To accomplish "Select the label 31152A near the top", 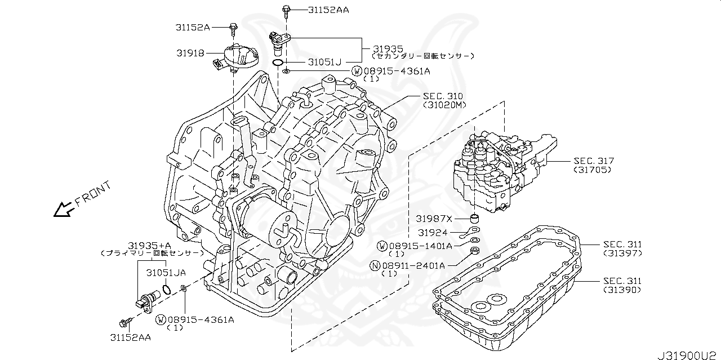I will (192, 26).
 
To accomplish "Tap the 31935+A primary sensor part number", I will (149, 245).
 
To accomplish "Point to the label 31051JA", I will (166, 273).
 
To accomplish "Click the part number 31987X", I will (434, 218).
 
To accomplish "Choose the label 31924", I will (433, 232).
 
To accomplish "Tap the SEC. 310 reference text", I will (444, 96).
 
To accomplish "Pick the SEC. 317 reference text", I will (594, 161).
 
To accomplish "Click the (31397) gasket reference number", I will (622, 253).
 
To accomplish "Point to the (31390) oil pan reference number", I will (622, 290).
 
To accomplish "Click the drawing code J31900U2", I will (687, 354).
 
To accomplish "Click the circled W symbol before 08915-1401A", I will (382, 246).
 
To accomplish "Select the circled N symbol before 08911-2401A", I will (374, 265).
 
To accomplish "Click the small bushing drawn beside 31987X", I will (475, 218).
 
